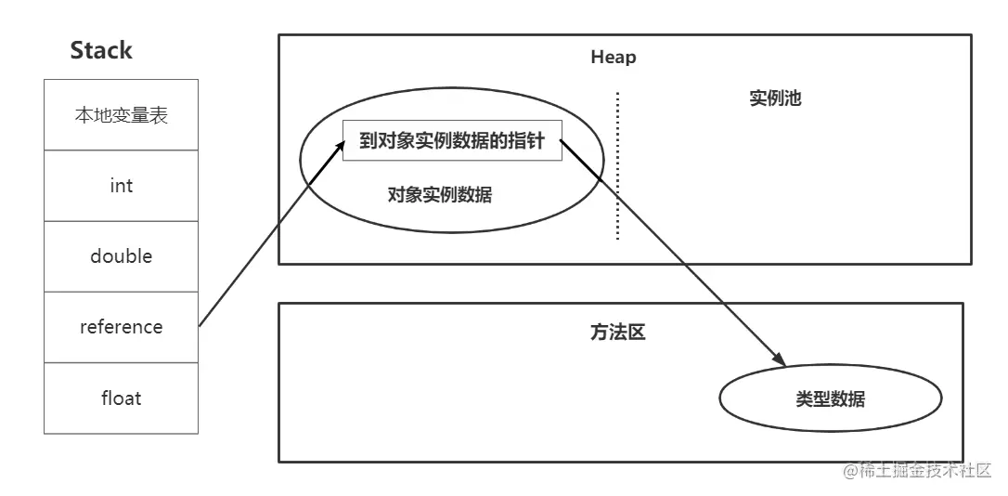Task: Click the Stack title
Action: point(101,50)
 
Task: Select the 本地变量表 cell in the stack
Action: point(121,114)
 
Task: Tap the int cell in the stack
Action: point(121,186)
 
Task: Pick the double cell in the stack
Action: point(121,256)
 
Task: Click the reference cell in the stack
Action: point(121,328)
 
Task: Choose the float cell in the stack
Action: point(121,398)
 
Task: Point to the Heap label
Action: point(614,58)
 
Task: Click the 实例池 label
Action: point(775,98)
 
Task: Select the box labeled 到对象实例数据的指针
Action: point(452,140)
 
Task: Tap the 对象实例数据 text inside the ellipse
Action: point(440,194)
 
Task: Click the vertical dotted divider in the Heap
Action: point(618,166)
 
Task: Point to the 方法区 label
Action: point(617,332)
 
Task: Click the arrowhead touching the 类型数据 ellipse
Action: point(779,359)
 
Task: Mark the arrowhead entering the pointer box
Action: point(339,149)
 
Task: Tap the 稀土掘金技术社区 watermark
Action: point(917,470)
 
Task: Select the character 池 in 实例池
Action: point(793,98)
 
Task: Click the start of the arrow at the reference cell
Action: point(200,325)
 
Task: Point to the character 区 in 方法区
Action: point(636,332)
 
